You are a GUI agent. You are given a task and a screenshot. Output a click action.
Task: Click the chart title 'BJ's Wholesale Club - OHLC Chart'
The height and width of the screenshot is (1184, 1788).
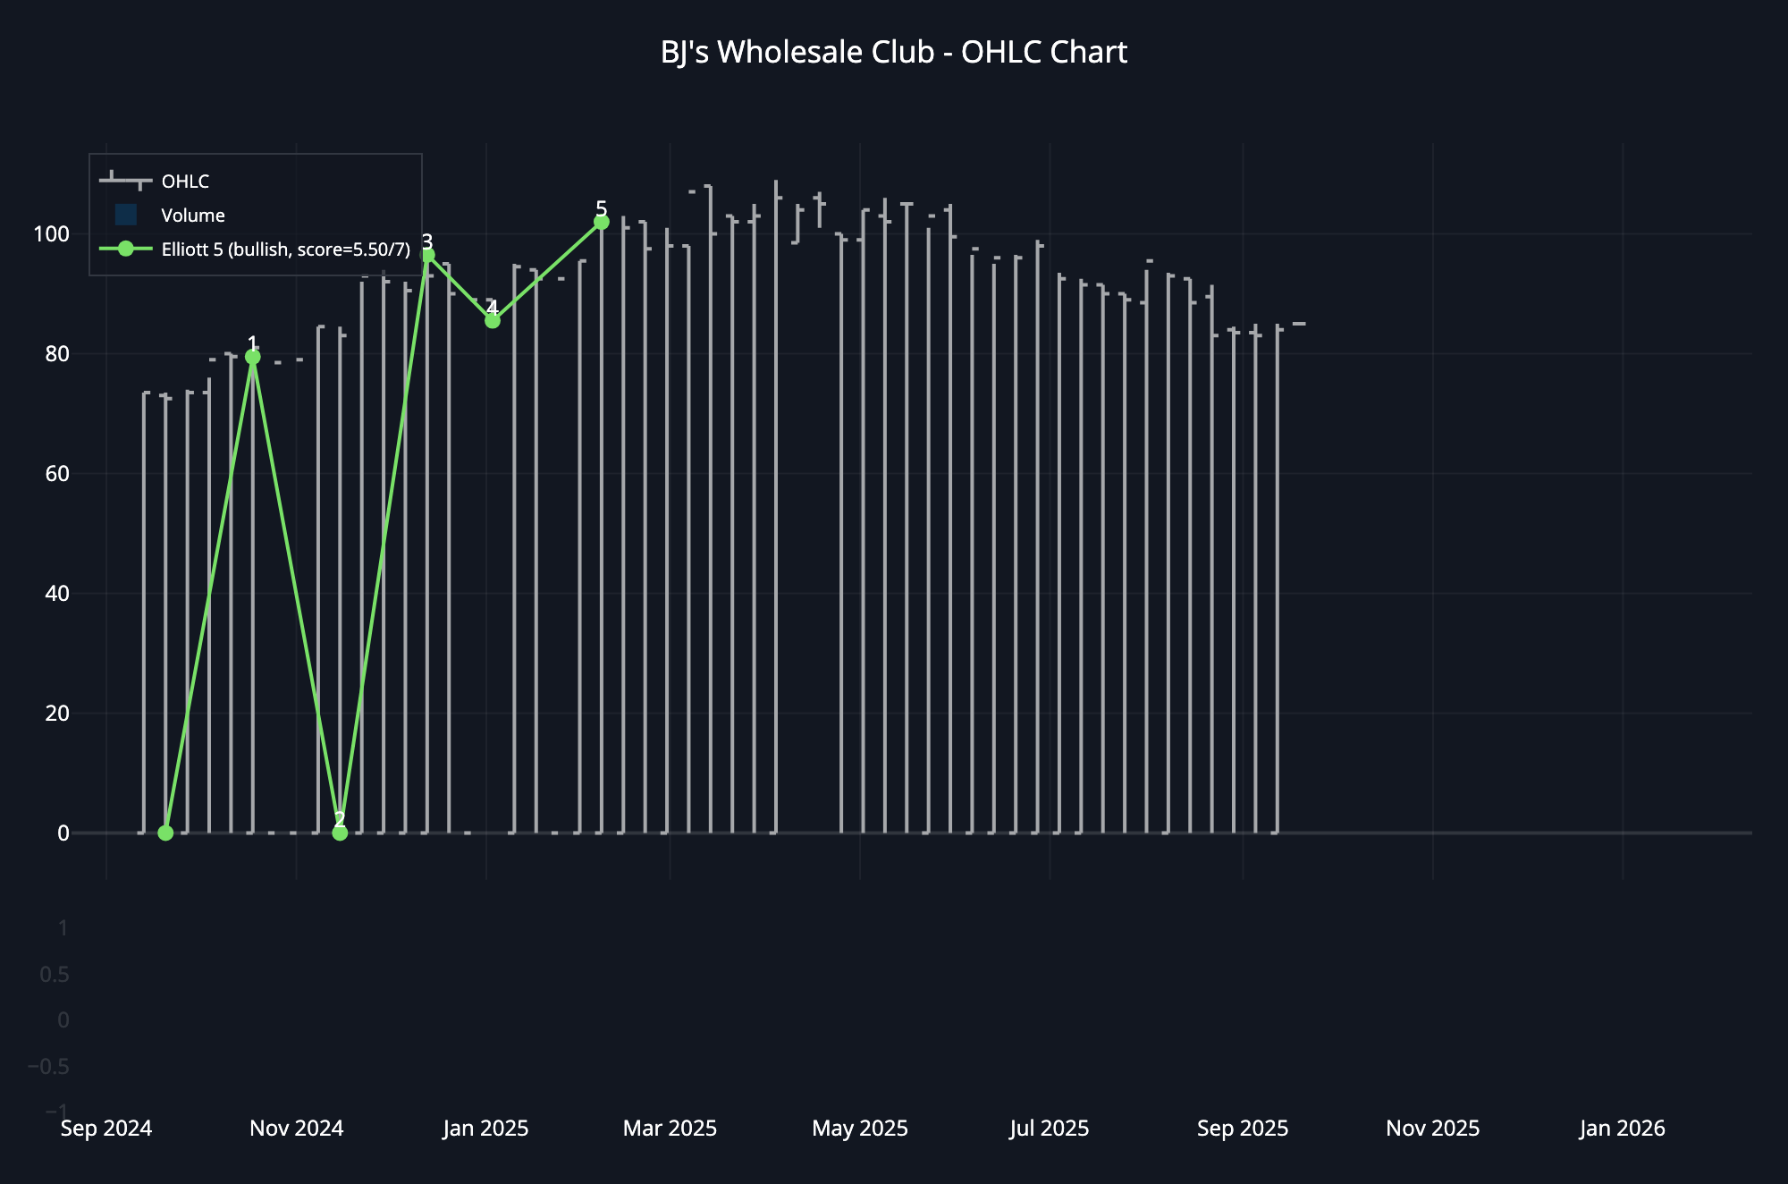coord(893,53)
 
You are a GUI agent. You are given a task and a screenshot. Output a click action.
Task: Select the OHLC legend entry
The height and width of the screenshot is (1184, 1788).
coord(184,182)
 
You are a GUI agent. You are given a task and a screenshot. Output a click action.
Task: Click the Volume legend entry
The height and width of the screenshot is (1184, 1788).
coord(192,216)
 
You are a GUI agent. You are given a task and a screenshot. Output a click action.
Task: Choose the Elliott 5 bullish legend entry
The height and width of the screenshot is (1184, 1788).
coord(285,249)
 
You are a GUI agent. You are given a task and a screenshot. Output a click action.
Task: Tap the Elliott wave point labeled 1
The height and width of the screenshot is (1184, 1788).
coord(253,357)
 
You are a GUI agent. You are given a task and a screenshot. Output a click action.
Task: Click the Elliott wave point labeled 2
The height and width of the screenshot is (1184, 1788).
coord(340,833)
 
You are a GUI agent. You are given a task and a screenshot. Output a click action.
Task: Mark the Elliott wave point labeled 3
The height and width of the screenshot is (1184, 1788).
coord(428,256)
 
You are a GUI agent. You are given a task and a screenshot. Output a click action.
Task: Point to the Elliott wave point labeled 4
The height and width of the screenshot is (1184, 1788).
coord(493,320)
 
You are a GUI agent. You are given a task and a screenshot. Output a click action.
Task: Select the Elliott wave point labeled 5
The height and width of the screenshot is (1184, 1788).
coord(602,222)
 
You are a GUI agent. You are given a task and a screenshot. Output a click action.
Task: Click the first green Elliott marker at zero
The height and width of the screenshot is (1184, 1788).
coord(165,833)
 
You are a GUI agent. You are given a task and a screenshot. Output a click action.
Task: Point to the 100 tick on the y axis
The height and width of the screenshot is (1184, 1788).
coord(51,234)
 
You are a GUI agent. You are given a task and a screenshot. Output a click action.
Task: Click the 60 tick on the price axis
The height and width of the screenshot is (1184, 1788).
coord(57,474)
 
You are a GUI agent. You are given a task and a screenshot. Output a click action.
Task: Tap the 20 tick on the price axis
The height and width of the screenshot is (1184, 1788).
coord(57,714)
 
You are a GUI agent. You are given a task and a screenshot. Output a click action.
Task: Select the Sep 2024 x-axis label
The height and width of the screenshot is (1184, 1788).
coord(106,1129)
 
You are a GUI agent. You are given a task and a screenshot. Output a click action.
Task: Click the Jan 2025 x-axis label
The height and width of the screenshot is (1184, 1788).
coord(485,1129)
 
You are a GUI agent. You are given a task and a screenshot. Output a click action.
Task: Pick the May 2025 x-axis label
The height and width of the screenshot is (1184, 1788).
coord(860,1129)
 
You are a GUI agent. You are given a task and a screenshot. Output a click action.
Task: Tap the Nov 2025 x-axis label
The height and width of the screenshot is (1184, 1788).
coord(1432,1129)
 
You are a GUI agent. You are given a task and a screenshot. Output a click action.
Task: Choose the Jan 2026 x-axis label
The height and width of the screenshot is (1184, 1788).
coord(1622,1129)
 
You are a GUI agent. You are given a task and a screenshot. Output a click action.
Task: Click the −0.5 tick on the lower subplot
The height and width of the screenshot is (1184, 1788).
coord(48,1067)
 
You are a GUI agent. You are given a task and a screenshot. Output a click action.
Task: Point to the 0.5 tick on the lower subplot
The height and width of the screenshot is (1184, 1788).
coord(55,975)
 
